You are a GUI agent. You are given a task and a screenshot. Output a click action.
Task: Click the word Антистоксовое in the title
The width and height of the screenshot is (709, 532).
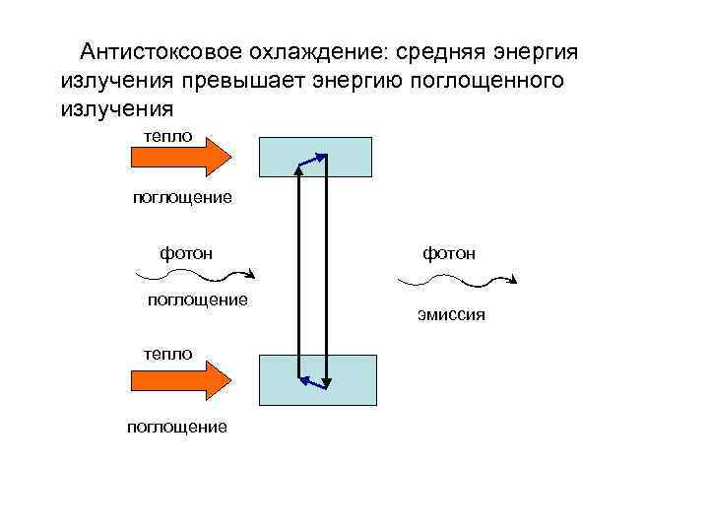point(147,50)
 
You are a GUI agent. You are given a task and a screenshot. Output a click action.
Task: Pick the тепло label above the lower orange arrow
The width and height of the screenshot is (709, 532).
point(167,353)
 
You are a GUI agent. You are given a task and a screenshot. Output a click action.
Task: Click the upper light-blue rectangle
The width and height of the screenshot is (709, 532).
point(315,156)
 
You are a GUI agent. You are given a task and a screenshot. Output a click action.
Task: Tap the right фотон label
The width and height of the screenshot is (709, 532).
point(449,253)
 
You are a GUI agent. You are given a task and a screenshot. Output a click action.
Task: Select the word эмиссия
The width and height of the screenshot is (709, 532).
point(451,317)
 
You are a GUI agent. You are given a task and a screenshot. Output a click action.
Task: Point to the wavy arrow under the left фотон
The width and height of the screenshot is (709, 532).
point(207,274)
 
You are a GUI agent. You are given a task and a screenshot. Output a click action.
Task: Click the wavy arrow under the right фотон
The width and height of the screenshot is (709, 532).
point(456,282)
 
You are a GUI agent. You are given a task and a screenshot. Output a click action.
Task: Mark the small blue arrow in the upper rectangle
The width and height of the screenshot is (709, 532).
point(312,161)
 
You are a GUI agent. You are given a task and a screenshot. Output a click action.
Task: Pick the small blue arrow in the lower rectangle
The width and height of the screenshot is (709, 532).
point(314,380)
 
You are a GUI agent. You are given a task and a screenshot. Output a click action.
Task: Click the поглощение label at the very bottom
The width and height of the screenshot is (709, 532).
point(177,427)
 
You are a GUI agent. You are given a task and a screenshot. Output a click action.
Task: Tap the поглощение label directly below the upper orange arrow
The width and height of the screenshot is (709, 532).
point(183,198)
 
